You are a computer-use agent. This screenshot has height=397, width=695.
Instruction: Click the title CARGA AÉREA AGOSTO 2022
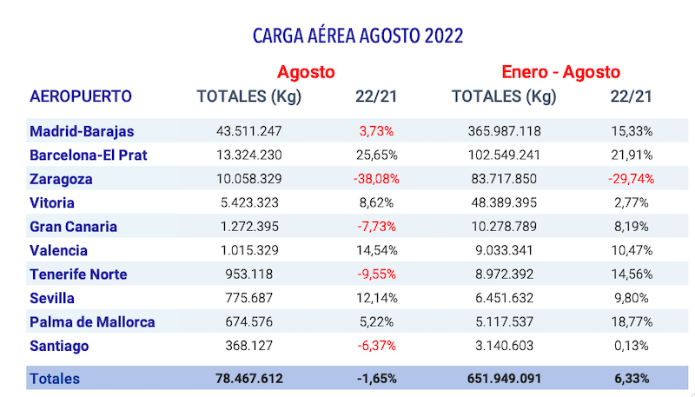click(x=357, y=36)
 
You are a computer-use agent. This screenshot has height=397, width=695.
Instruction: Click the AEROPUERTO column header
click(x=81, y=96)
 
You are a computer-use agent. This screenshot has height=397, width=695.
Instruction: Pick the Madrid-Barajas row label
click(x=82, y=132)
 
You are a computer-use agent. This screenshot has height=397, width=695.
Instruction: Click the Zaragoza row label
click(x=61, y=179)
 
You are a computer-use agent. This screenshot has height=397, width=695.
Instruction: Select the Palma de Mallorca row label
click(x=92, y=322)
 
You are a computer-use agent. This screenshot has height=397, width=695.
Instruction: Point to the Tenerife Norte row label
click(x=78, y=275)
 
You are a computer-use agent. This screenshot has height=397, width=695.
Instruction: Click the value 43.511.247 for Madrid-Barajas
click(x=249, y=132)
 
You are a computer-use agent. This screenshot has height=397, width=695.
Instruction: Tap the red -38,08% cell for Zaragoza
click(x=376, y=179)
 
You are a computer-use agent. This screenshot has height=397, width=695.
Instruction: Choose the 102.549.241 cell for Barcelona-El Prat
click(x=504, y=155)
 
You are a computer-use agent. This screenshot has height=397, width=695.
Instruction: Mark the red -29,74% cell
click(x=632, y=179)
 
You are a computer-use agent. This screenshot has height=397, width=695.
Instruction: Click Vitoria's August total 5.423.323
click(x=249, y=203)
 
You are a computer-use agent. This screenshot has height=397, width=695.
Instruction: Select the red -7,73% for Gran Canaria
click(x=376, y=227)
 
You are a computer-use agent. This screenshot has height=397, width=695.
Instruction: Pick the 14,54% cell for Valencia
click(x=376, y=251)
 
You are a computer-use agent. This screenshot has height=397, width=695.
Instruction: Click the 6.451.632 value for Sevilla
click(x=504, y=298)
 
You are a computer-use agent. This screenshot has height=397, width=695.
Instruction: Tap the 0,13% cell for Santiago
click(x=632, y=346)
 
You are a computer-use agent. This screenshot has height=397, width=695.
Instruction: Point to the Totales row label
click(x=55, y=379)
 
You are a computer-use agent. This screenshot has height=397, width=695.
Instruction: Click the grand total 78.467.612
click(x=249, y=379)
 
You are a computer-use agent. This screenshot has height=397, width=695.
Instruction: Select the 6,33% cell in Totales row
click(x=632, y=379)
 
